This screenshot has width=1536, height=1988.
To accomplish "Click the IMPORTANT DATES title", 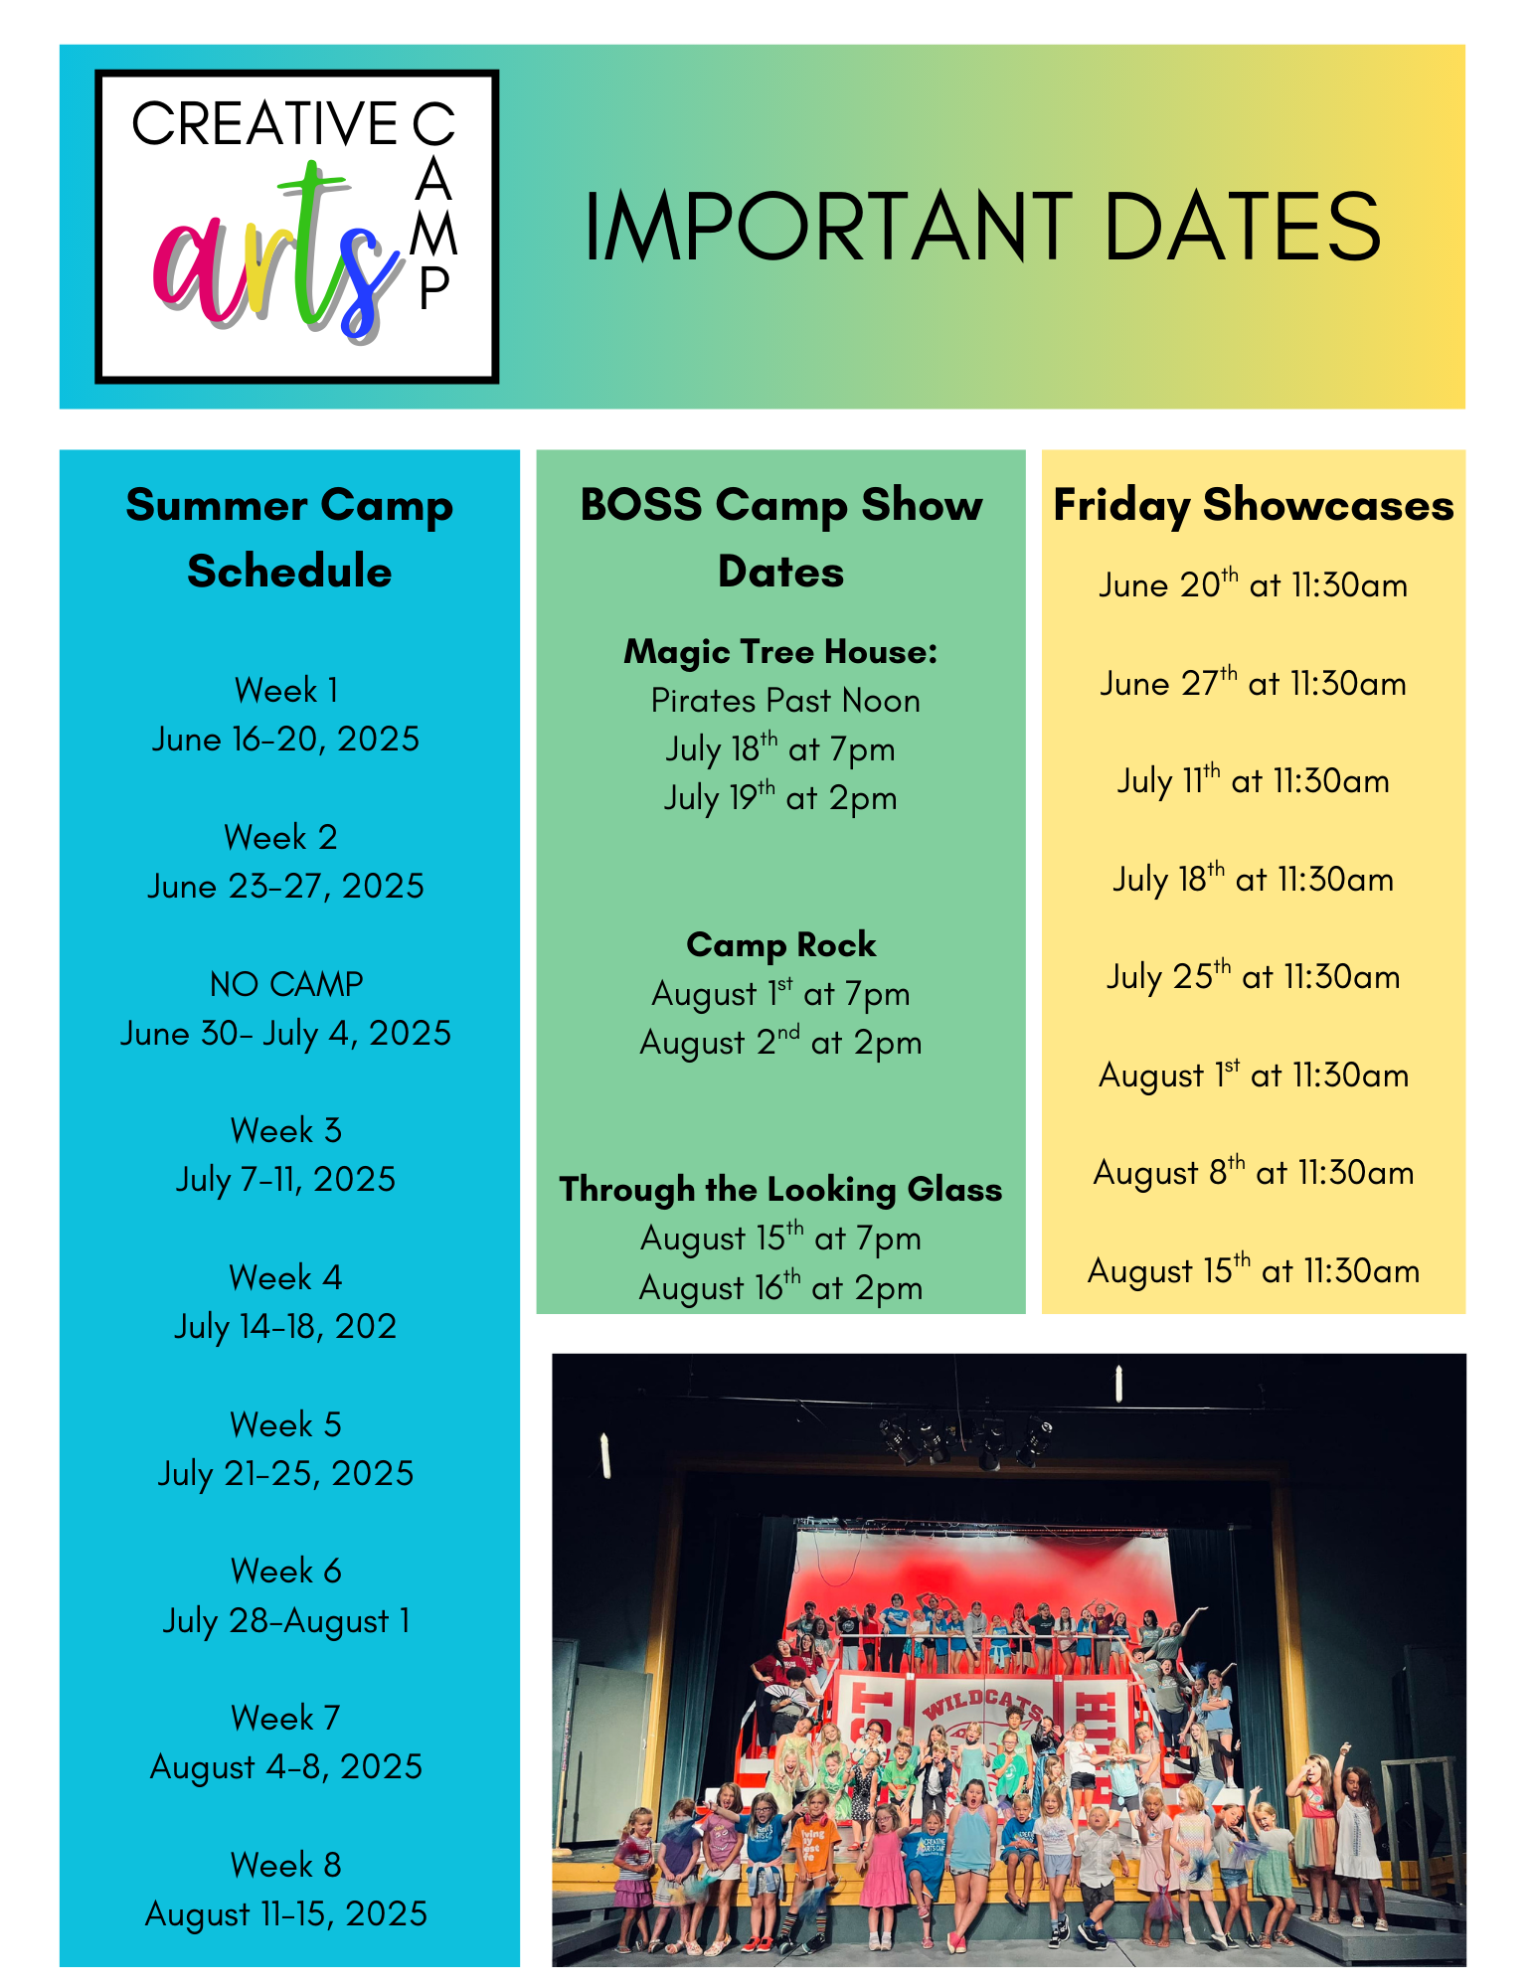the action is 982,228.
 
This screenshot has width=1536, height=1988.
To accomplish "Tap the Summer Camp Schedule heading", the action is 289,538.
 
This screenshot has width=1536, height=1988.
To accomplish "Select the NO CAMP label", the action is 286,984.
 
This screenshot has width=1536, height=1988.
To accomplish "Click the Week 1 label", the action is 286,690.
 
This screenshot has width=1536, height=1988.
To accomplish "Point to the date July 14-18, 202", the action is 285,1326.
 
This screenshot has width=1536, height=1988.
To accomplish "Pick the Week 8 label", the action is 286,1865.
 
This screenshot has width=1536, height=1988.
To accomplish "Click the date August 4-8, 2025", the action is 286,1766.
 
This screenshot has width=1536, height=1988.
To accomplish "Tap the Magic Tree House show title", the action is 780,652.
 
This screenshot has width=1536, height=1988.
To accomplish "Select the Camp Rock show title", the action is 781,944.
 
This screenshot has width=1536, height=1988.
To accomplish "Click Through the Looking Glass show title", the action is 780,1189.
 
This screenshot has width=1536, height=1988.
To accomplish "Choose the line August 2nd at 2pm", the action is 780,1043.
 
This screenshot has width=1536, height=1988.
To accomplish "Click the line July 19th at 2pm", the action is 780,797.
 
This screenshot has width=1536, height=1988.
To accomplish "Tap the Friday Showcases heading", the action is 1254,506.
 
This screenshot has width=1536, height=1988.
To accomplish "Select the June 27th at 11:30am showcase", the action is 1254,683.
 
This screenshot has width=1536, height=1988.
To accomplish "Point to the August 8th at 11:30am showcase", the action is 1254,1172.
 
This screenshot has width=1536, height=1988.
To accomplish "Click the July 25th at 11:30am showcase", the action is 1254,976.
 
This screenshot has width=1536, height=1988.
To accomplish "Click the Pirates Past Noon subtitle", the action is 785,701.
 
